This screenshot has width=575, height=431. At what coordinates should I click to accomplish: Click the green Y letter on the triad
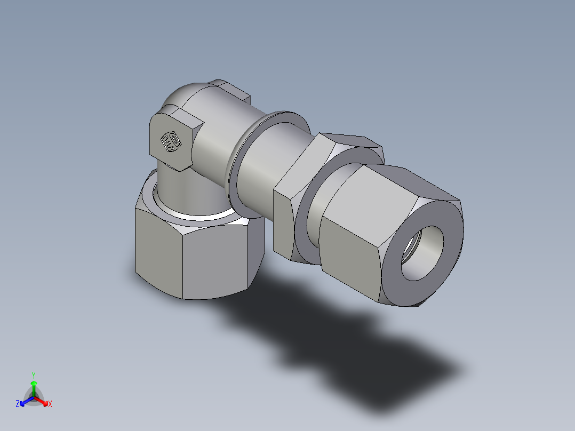[x=33, y=374]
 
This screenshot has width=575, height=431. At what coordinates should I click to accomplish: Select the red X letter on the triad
[x=50, y=404]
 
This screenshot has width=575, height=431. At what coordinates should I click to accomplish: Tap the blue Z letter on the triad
[x=18, y=404]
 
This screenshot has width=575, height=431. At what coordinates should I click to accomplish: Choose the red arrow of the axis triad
[x=43, y=401]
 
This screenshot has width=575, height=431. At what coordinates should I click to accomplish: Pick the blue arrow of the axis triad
[x=25, y=401]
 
